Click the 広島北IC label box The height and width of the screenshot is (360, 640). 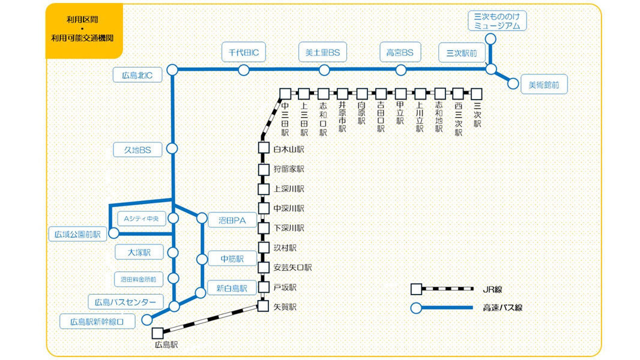click(x=137, y=75)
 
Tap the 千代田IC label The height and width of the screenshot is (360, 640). click(x=243, y=52)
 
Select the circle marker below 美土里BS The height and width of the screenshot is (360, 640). click(x=324, y=70)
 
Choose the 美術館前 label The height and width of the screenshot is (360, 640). click(x=544, y=85)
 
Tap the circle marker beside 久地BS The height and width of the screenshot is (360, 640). click(x=173, y=148)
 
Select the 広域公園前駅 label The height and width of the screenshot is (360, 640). click(x=77, y=233)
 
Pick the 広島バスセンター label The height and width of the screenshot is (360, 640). click(x=125, y=301)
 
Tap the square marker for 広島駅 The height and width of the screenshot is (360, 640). click(x=157, y=332)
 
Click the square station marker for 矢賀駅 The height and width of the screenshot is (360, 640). click(x=263, y=307)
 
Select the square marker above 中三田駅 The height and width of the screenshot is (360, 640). click(x=285, y=94)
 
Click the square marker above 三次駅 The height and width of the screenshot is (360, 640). click(x=477, y=94)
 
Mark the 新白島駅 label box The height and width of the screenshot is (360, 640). click(x=232, y=288)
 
